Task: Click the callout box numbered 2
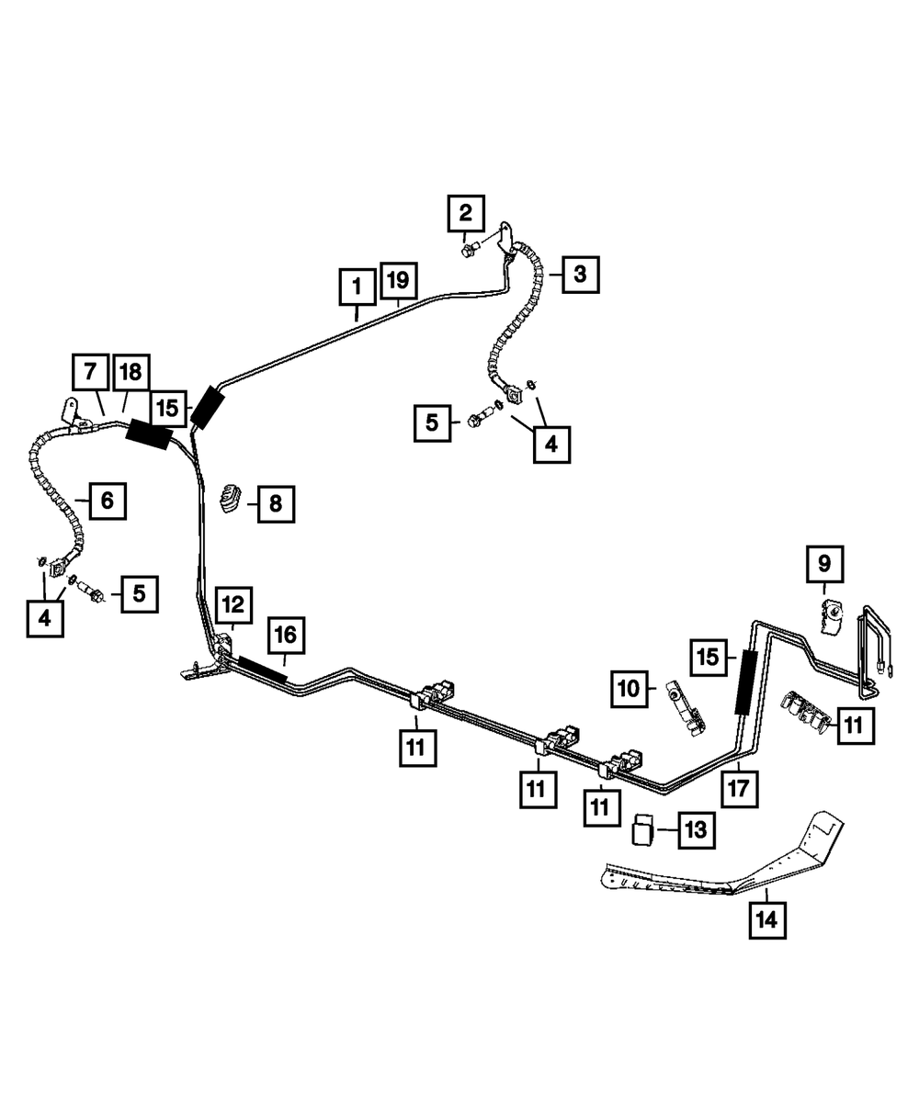(466, 213)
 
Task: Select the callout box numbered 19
(399, 280)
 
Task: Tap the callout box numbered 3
(580, 275)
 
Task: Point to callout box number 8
(276, 503)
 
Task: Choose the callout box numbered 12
(233, 604)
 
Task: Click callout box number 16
(287, 635)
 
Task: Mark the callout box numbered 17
(739, 788)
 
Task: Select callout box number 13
(697, 830)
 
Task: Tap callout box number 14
(766, 919)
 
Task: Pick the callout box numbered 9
(824, 564)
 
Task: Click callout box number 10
(630, 689)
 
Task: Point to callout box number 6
(108, 501)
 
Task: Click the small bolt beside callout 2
(469, 249)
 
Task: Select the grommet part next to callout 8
(231, 497)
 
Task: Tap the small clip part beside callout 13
(642, 829)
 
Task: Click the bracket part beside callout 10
(685, 707)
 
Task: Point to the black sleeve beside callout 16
(262, 668)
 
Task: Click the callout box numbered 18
(131, 372)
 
